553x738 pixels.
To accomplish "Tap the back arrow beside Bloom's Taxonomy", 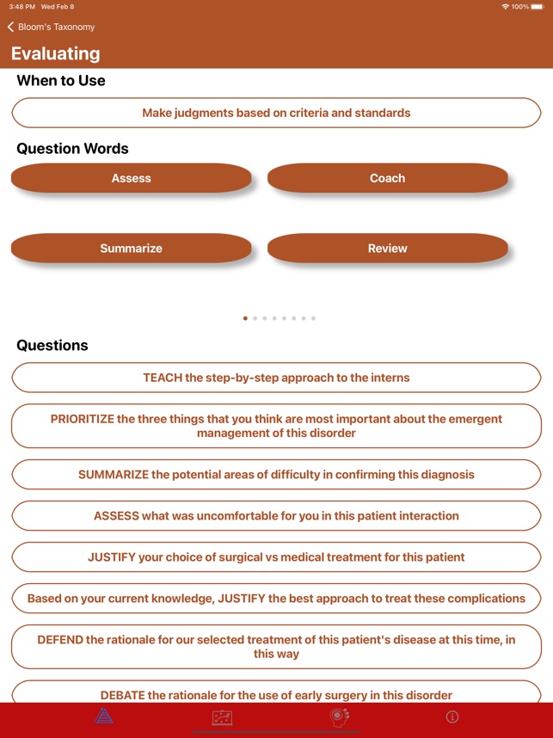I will tap(10, 27).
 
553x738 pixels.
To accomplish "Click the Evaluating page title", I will tap(56, 53).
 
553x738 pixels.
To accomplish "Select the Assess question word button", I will tap(131, 178).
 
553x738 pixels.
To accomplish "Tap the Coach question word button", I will tap(387, 178).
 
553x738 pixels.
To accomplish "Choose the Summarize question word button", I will tap(131, 249).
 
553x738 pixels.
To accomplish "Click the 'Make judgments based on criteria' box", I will tap(276, 113).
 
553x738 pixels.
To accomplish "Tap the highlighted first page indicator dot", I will tap(245, 318).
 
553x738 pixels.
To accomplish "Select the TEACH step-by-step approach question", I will tap(276, 378).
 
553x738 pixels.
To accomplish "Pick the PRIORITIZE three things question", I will tap(276, 426).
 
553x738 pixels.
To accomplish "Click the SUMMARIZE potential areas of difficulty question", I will tap(276, 474).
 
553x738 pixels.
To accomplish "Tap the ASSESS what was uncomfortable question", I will tap(276, 516).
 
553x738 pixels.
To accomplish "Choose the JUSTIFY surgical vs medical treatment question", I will tap(276, 557).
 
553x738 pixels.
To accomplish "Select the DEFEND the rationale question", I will tap(276, 647).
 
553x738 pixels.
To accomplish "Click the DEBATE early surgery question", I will tap(276, 693).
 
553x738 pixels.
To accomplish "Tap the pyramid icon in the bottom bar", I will tap(104, 716).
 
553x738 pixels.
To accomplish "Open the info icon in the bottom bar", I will tap(452, 716).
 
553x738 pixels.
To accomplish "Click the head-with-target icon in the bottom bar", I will tap(340, 716).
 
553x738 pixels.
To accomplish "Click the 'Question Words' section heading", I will tap(72, 149).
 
